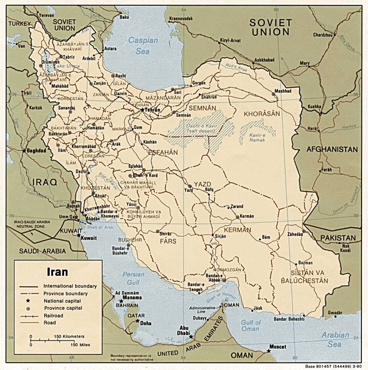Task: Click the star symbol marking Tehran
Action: [x=142, y=110]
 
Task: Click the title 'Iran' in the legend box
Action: [x=57, y=272]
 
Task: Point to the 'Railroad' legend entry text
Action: [x=53, y=315]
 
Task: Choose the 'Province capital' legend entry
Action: [x=63, y=308]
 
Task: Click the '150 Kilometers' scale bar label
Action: [x=69, y=337]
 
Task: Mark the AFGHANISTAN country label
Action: [x=332, y=150]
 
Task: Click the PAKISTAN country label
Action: [x=338, y=238]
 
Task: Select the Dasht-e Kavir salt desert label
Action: [x=198, y=129]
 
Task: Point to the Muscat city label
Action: [x=277, y=347]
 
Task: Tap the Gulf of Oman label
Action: [x=251, y=325]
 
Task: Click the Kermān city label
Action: [x=247, y=216]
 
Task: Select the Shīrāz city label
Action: [x=165, y=233]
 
